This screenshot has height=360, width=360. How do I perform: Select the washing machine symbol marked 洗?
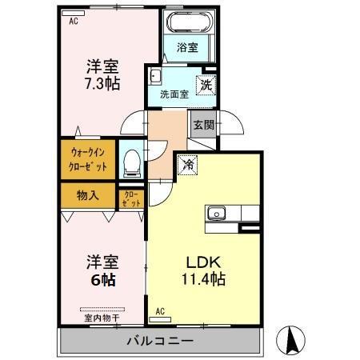[206, 83]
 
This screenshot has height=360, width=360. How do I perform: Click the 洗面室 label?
[174, 94]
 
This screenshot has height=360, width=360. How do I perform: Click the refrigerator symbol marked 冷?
[189, 164]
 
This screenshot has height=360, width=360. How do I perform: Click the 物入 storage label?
[88, 194]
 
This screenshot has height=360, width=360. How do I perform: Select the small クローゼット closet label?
[131, 198]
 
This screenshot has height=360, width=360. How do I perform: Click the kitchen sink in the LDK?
[218, 213]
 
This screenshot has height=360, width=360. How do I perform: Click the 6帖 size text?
[103, 280]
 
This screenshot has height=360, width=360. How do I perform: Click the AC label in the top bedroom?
[73, 22]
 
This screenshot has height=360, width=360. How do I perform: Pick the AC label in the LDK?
[160, 311]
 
